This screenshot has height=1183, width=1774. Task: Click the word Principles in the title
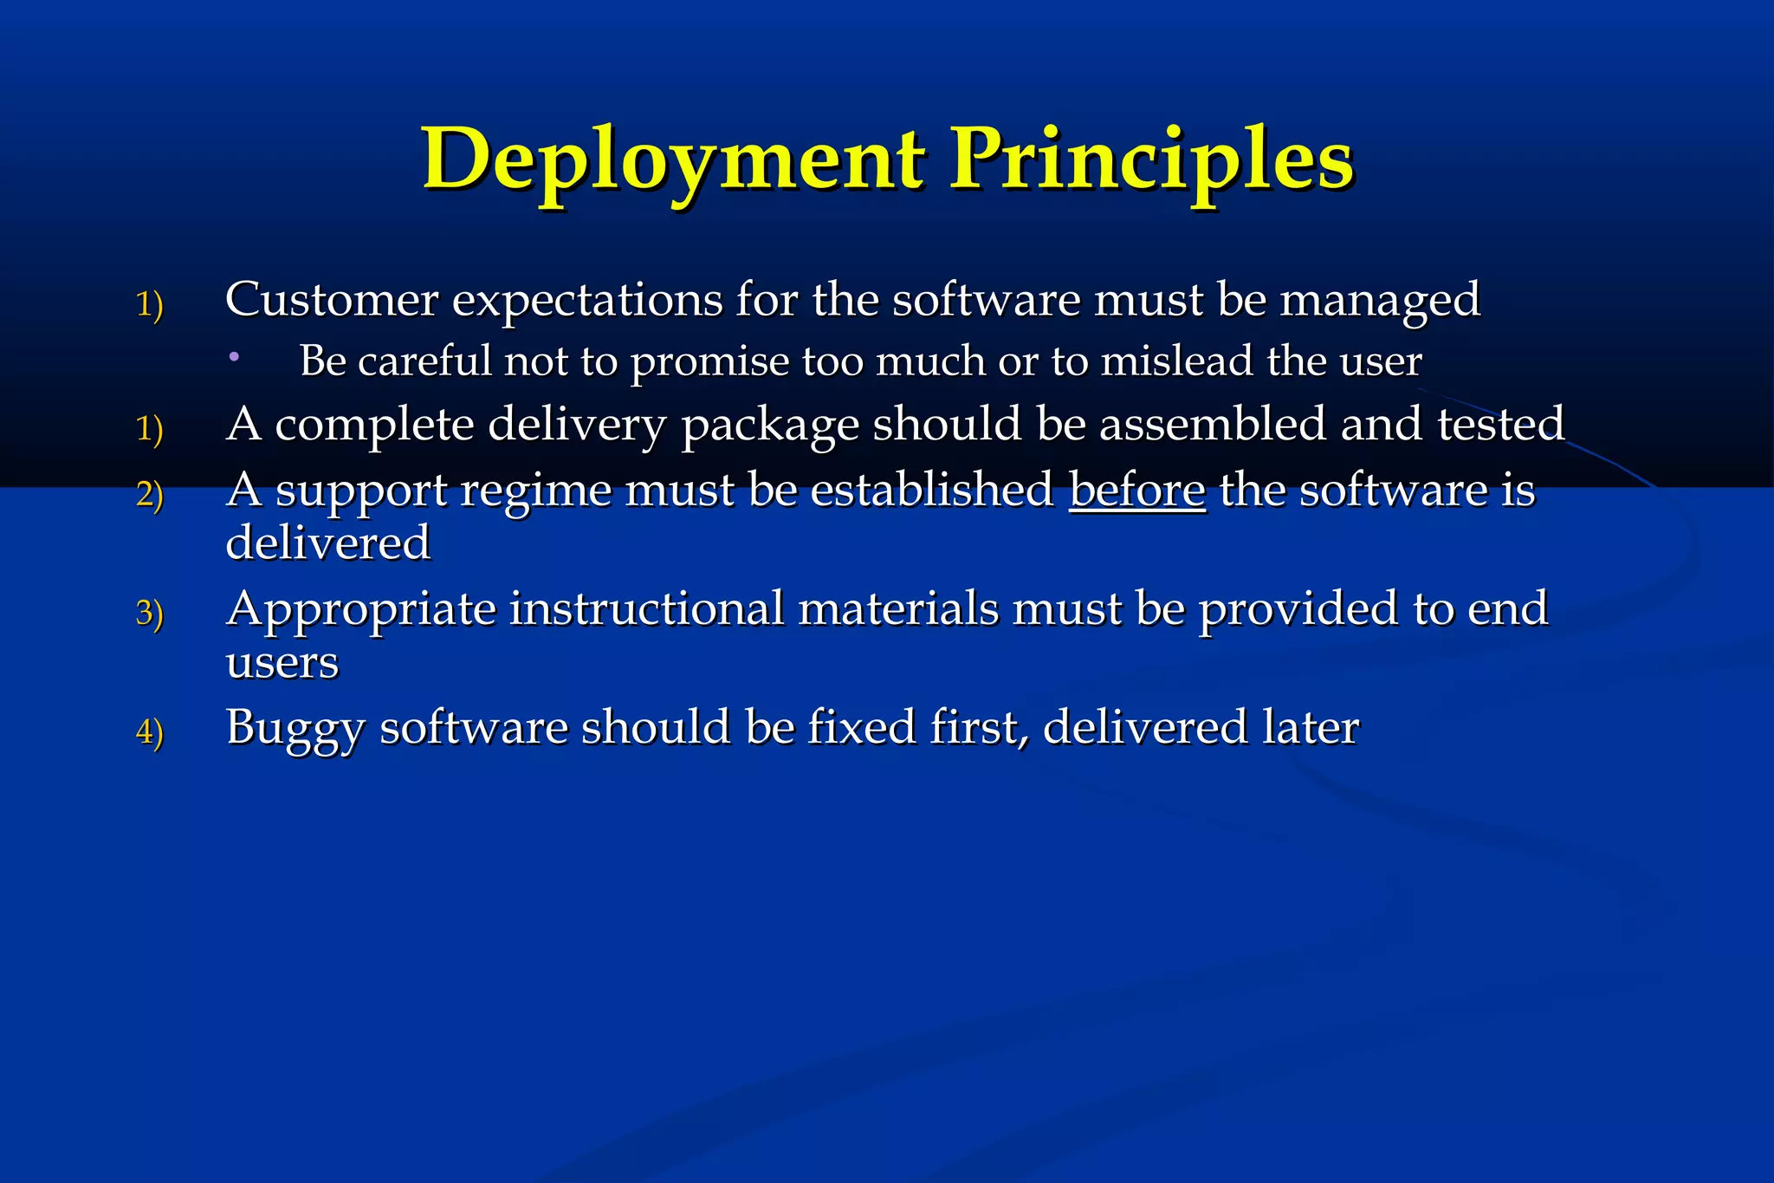pos(1152,160)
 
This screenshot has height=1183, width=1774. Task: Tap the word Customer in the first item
pos(332,300)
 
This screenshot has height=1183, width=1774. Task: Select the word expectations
pos(587,302)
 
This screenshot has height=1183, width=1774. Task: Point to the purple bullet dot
pos(234,356)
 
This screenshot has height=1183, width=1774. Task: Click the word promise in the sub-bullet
pos(709,362)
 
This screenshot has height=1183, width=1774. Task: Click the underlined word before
pos(1137,491)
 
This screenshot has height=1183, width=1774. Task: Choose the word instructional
pos(646,608)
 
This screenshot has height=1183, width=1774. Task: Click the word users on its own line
pos(282,663)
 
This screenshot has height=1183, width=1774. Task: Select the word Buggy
pos(295,729)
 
